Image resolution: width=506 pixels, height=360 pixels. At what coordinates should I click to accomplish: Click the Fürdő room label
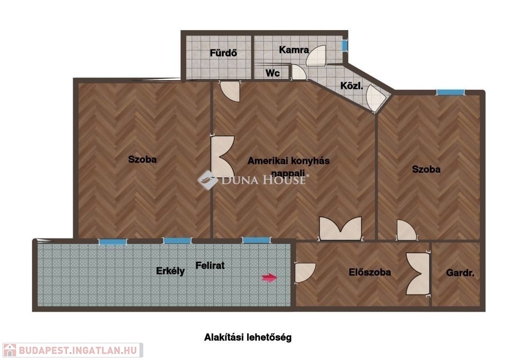click(223, 52)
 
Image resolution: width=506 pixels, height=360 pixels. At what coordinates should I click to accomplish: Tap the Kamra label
click(294, 50)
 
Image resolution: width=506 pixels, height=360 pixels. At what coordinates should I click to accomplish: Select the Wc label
click(273, 73)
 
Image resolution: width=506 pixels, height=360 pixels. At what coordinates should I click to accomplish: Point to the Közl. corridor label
click(351, 86)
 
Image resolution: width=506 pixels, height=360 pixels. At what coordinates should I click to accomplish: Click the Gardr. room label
click(460, 273)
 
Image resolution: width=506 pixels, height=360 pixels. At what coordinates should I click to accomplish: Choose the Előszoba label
click(370, 272)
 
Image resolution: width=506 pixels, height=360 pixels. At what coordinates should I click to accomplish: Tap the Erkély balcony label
click(170, 271)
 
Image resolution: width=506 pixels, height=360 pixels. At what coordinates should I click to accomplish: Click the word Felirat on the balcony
click(210, 266)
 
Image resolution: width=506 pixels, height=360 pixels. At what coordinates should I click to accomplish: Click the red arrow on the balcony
click(269, 278)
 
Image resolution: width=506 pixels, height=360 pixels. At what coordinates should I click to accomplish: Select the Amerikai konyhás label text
click(289, 160)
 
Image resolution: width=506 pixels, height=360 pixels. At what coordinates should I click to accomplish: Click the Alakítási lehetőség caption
click(248, 337)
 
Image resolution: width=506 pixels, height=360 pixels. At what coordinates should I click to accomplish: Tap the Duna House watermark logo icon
click(208, 180)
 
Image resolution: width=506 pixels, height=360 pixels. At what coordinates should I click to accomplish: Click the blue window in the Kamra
click(344, 45)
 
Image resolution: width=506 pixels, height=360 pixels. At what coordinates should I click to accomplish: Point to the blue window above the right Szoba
click(450, 92)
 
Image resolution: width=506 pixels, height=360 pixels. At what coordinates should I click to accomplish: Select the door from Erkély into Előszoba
click(305, 273)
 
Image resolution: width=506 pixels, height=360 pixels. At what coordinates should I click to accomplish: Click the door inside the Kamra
click(316, 55)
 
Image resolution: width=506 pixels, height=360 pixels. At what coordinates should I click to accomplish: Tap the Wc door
click(299, 72)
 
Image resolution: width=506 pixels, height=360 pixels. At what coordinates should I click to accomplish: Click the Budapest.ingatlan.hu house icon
click(10, 350)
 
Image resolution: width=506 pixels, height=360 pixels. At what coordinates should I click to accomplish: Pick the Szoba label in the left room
click(142, 160)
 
